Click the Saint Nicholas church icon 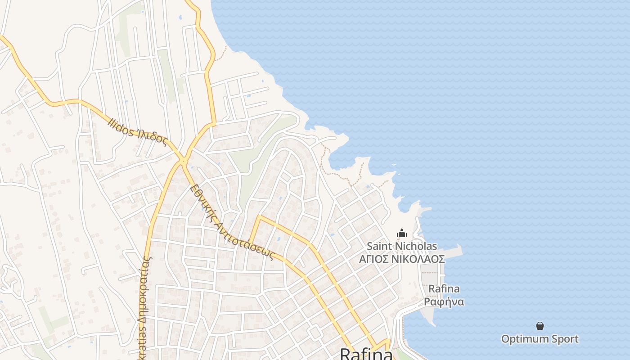click(401, 233)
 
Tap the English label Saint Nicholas click(401, 246)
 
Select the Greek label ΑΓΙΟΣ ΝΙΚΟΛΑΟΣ click(401, 259)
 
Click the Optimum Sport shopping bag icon click(540, 326)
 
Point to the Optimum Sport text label click(540, 339)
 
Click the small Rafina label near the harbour click(444, 288)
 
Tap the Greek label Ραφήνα click(444, 301)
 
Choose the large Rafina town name click(366, 354)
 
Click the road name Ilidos click(121, 126)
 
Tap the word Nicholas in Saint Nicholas click(416, 246)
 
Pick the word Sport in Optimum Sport click(562, 339)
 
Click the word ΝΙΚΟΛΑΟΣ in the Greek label click(420, 259)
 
